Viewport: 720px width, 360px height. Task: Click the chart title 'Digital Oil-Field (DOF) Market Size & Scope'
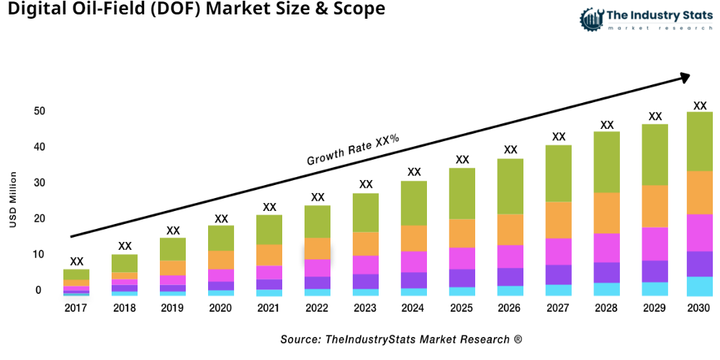(193, 9)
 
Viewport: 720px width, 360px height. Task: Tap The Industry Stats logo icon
(591, 19)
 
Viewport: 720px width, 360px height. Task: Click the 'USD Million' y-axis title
(12, 199)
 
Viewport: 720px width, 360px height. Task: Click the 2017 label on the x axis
(76, 307)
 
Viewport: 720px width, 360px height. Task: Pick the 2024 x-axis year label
(414, 307)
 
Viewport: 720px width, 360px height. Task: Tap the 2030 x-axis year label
(699, 307)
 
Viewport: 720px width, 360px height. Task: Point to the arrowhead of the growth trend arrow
(685, 76)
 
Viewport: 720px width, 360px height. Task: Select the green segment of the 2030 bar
(699, 141)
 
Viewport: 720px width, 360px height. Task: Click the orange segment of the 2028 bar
(606, 212)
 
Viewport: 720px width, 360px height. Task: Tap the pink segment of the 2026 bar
(510, 256)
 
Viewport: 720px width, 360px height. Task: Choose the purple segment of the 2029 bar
(654, 271)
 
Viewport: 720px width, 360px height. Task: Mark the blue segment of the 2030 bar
(699, 287)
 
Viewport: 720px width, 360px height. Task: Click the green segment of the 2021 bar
(269, 230)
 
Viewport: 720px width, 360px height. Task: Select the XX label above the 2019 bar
(173, 230)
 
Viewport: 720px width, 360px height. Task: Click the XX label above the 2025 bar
(462, 160)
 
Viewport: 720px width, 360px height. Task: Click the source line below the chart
(401, 339)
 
